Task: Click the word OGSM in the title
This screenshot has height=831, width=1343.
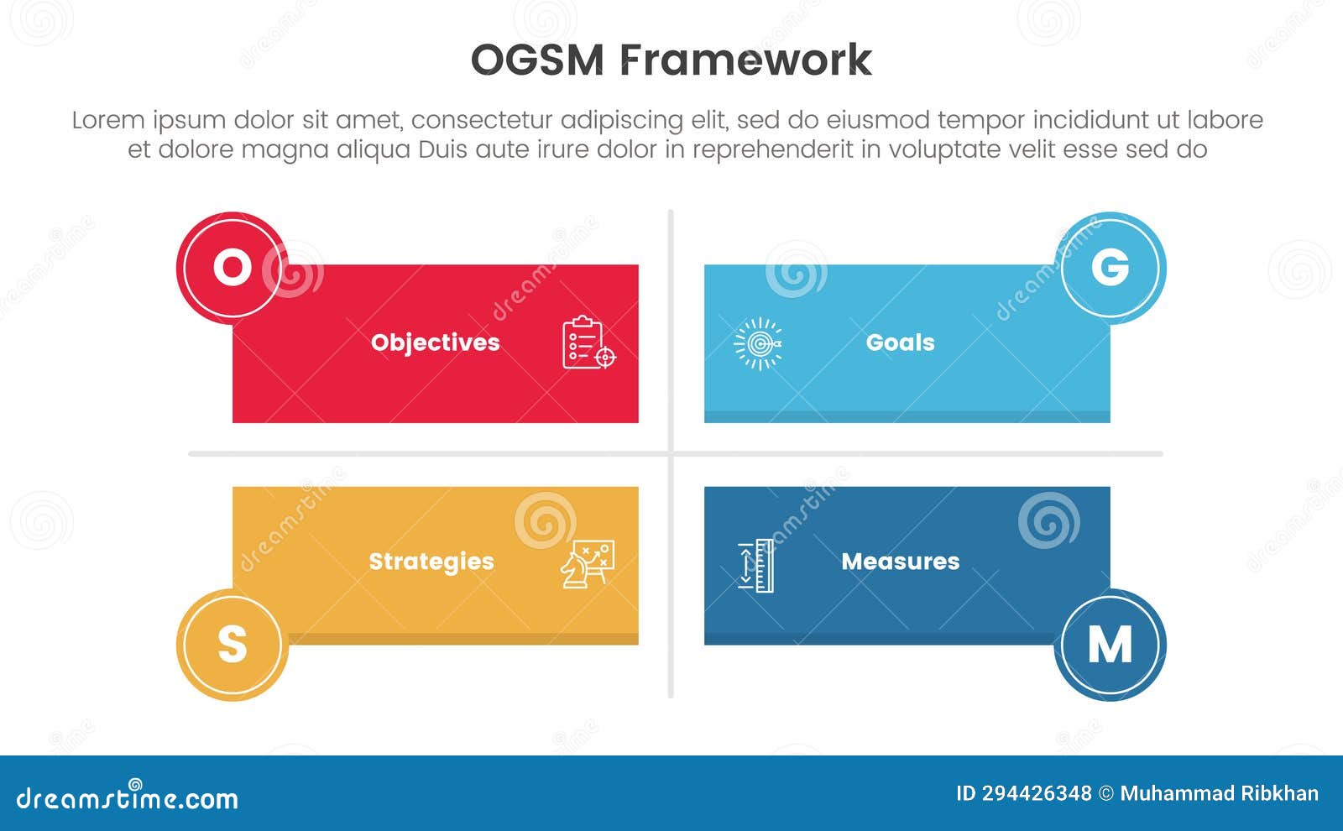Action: tap(536, 60)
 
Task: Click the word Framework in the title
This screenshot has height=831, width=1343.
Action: tap(746, 60)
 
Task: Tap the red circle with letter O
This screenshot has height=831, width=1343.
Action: tap(232, 268)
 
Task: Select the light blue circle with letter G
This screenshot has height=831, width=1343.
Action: tap(1110, 268)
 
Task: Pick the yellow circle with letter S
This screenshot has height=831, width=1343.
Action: tap(232, 645)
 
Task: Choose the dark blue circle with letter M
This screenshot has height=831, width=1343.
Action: tap(1110, 645)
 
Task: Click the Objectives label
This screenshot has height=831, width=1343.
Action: tap(435, 342)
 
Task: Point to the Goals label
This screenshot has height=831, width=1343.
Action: tap(900, 342)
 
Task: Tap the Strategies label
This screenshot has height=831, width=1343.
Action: tap(431, 562)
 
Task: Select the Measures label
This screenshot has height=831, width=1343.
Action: tap(900, 562)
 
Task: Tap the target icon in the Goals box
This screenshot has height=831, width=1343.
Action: tap(758, 343)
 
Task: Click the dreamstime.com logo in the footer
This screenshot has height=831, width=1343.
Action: tap(128, 797)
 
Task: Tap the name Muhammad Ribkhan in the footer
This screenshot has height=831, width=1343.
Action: tap(1219, 793)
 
